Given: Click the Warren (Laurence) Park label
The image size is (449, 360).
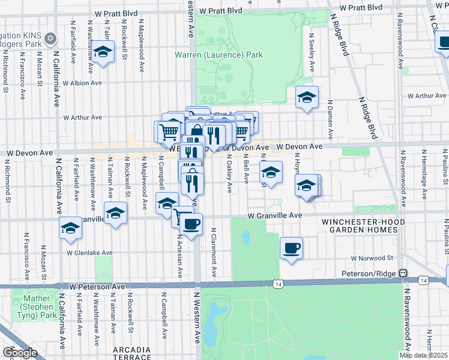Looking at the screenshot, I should tap(218, 55).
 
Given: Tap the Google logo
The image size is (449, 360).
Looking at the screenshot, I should tap(19, 352).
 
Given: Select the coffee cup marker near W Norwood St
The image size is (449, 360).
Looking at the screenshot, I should tap(291, 247).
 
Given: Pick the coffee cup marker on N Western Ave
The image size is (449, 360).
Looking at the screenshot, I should tap(191, 224).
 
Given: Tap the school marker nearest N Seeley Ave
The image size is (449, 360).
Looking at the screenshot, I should tap(307, 97).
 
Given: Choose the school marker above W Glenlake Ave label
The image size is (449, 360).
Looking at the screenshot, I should tap(70, 229).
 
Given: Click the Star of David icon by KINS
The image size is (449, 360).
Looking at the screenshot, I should tap(50, 38).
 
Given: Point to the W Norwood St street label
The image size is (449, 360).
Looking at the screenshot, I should tap(372, 258).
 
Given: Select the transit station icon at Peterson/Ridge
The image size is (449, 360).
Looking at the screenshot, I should tap(405, 272).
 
